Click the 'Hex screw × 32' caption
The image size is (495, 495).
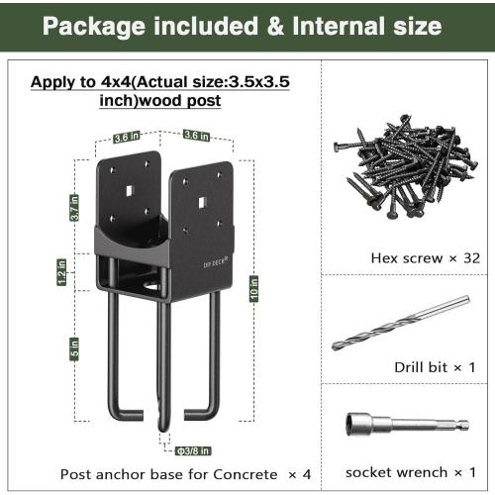click(411, 257)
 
